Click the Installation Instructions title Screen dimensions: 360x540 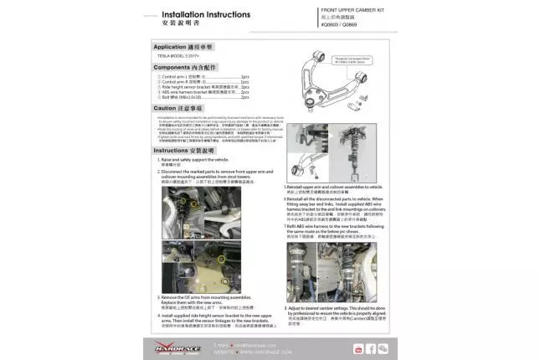(206, 14)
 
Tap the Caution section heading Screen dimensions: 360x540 (176, 108)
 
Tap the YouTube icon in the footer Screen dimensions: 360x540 (358, 348)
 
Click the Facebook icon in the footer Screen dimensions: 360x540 (371, 348)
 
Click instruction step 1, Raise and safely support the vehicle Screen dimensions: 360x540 (195, 159)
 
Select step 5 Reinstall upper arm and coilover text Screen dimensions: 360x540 (334, 188)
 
